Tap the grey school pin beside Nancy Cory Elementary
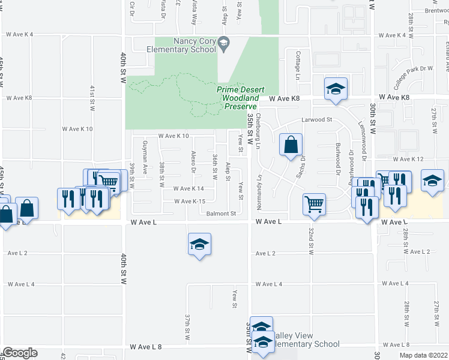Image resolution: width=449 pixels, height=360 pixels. coord(224,42)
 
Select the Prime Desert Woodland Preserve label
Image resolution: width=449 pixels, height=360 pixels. coord(238,98)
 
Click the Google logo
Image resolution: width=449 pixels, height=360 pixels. coord(20,353)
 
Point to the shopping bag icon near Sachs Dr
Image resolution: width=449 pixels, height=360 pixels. coord(291,145)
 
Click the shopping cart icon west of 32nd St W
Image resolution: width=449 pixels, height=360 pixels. coord(315,205)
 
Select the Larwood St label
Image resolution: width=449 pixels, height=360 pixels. coord(316,120)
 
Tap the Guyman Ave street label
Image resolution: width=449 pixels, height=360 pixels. coord(145,161)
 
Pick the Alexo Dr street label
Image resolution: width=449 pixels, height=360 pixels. coord(193,162)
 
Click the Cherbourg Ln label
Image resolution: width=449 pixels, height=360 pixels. coord(259,131)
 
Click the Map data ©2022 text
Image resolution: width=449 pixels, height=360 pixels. coord(422,355)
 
